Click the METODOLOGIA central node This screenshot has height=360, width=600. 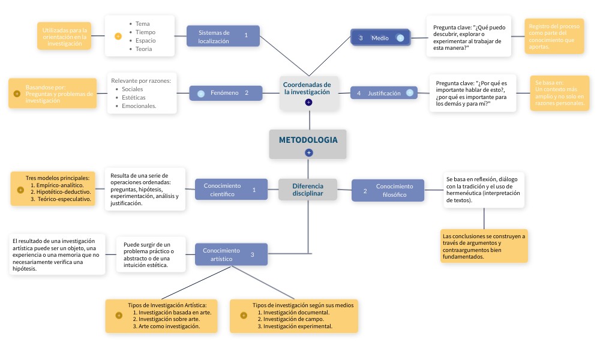click(x=308, y=140)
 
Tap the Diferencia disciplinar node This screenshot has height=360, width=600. click(x=307, y=190)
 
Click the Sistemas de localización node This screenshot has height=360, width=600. click(x=223, y=37)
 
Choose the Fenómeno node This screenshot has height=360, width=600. click(x=226, y=93)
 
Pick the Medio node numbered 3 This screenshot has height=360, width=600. click(x=380, y=38)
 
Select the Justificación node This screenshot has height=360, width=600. click(x=383, y=93)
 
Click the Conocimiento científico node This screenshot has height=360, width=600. click(x=231, y=190)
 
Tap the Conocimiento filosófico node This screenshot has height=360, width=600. click(x=388, y=190)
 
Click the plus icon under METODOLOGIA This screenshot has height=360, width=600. click(x=309, y=153)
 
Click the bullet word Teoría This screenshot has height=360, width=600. click(x=144, y=49)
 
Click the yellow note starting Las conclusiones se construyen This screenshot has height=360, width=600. click(x=484, y=246)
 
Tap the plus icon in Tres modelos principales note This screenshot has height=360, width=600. click(x=20, y=190)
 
